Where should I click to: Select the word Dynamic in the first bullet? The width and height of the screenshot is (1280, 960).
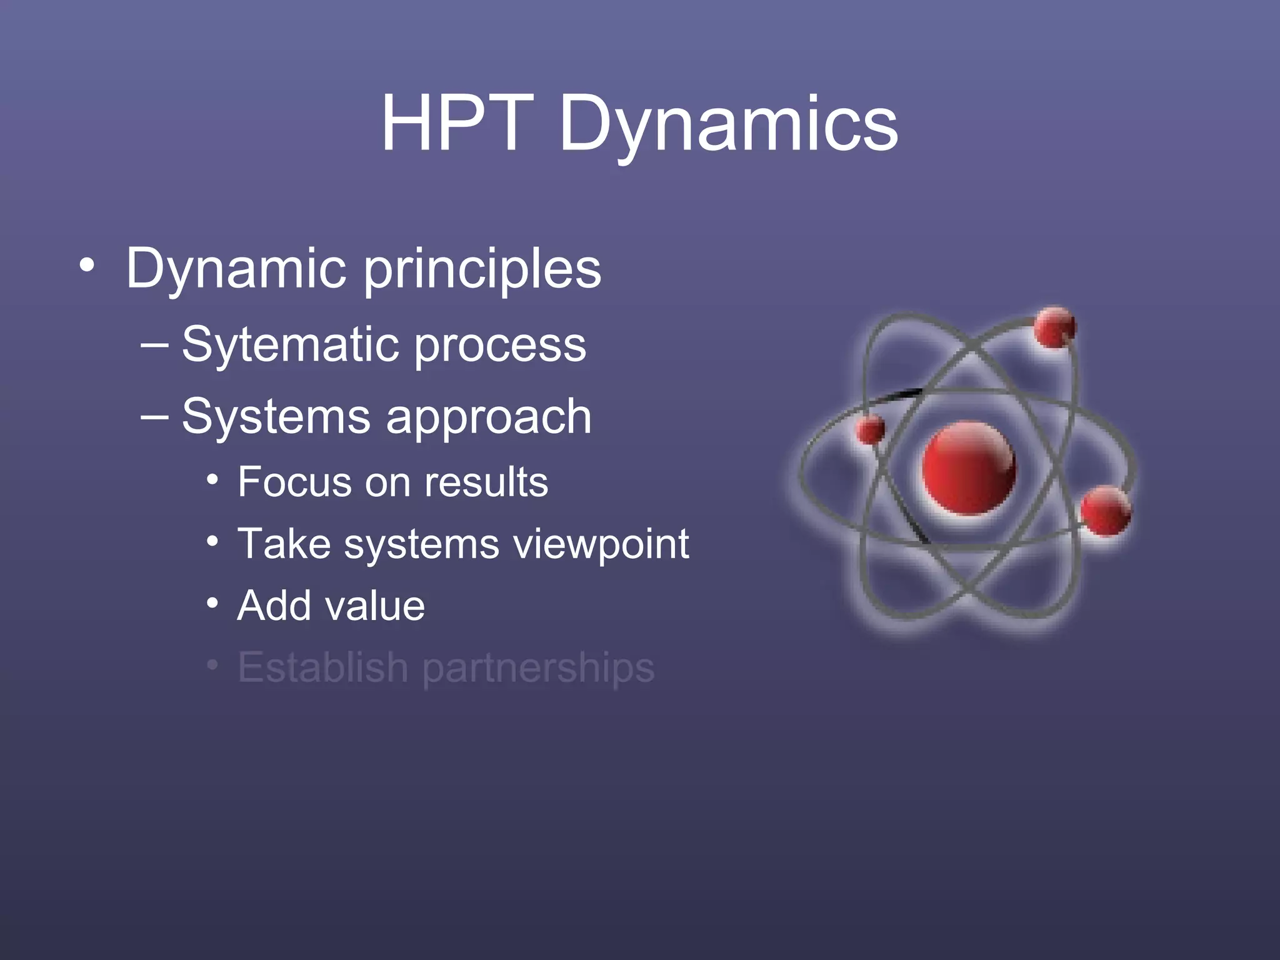pyautogui.click(x=236, y=269)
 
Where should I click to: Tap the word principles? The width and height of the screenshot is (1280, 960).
pyautogui.click(x=482, y=270)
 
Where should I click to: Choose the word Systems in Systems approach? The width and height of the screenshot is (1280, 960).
pyautogui.click(x=276, y=417)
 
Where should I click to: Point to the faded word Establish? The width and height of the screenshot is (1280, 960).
pyautogui.click(x=323, y=667)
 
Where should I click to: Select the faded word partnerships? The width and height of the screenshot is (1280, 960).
pyautogui.click(x=538, y=669)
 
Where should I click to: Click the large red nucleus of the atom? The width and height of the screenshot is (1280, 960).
pyautogui.click(x=969, y=468)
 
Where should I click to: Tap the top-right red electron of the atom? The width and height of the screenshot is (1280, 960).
pyautogui.click(x=1054, y=327)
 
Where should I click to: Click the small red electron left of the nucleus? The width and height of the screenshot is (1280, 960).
pyautogui.click(x=870, y=430)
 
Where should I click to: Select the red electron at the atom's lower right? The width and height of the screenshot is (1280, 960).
pyautogui.click(x=1106, y=511)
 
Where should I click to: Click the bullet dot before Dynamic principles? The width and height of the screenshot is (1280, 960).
pyautogui.click(x=87, y=266)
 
